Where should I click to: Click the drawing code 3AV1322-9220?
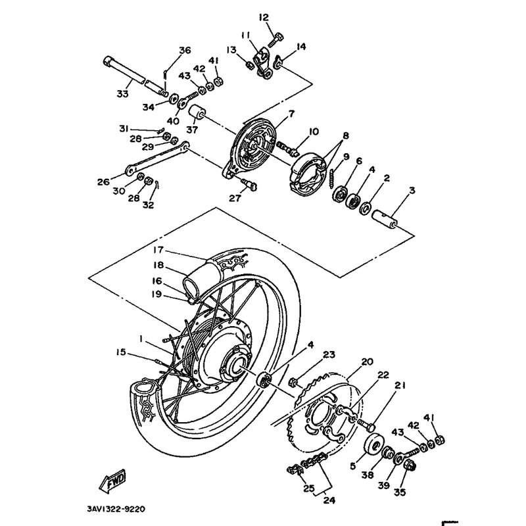(x=116, y=510)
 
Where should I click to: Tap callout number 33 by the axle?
(x=122, y=93)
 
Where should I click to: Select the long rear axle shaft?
(x=134, y=76)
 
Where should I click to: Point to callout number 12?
(x=264, y=18)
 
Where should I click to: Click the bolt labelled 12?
(x=275, y=39)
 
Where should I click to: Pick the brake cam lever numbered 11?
(x=263, y=62)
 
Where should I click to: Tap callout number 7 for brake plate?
(x=291, y=114)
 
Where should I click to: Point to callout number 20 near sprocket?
(x=367, y=362)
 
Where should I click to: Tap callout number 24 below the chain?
(x=329, y=500)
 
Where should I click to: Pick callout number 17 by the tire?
(x=158, y=250)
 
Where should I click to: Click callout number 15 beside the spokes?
(x=121, y=352)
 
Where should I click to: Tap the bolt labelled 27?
(x=249, y=184)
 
